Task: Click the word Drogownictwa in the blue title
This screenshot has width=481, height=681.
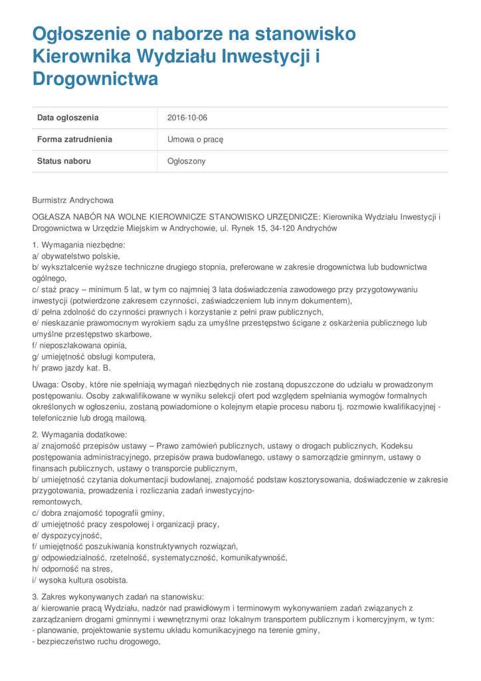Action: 96,79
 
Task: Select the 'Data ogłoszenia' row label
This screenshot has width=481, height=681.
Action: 68,118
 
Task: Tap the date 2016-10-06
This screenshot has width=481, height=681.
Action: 187,118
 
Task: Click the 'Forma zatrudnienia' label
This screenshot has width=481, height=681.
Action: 74,140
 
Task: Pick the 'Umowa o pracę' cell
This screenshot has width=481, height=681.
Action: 195,140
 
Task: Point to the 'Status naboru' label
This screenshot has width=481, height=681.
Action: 64,161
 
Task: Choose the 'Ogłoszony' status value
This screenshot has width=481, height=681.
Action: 187,161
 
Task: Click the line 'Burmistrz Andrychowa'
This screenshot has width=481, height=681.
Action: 73,200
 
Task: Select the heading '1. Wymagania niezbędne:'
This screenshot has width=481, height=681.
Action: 78,245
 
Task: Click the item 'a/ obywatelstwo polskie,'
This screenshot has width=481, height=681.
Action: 76,256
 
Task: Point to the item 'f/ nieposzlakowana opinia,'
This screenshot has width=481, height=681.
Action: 79,345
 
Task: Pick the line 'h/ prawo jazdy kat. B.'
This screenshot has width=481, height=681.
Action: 71,368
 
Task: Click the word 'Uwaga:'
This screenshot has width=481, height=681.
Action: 46,384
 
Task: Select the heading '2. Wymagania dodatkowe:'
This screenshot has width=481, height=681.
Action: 79,434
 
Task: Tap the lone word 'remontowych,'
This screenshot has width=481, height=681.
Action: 57,501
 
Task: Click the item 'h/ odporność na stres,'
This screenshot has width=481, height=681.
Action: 72,569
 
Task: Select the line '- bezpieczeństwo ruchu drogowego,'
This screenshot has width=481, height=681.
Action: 96,642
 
